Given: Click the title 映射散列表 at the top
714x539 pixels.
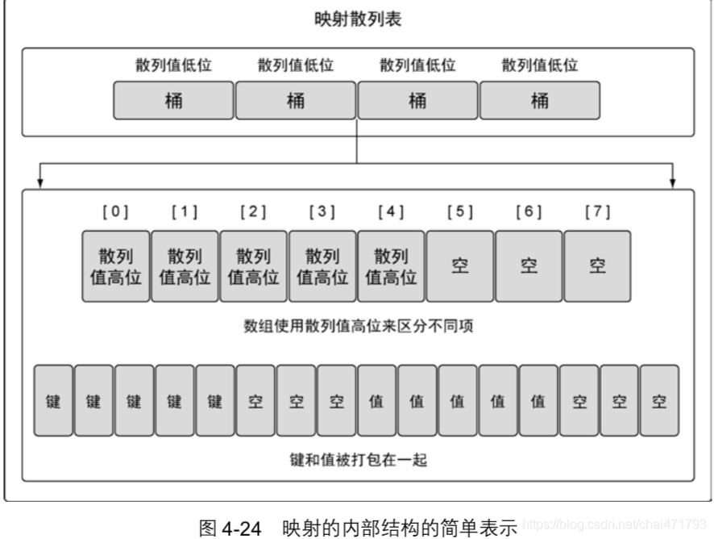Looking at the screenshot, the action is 357,20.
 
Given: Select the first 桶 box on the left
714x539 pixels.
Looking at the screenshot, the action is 173,102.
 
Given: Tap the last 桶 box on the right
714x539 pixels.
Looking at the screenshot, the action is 539,102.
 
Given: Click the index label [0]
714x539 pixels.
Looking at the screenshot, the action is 115,212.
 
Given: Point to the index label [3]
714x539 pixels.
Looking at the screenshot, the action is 322,212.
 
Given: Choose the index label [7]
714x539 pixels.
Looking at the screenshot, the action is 597,212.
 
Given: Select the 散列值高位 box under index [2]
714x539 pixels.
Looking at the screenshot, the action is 253,266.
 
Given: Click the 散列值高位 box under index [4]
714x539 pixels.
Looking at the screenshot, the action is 391,266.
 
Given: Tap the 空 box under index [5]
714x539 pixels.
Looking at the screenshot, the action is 459,266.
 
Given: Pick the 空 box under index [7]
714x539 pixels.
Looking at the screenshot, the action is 597,266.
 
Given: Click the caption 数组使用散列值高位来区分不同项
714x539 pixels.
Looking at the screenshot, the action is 357,326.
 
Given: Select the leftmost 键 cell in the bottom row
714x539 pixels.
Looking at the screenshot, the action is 53,400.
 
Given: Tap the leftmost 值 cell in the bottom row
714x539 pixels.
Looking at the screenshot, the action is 376,400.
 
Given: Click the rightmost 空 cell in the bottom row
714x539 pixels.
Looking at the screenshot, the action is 659,400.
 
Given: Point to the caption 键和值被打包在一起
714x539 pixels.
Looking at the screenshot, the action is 357,460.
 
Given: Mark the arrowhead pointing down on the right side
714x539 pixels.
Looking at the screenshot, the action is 673,182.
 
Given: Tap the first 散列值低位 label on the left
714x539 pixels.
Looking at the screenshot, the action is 173,65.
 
